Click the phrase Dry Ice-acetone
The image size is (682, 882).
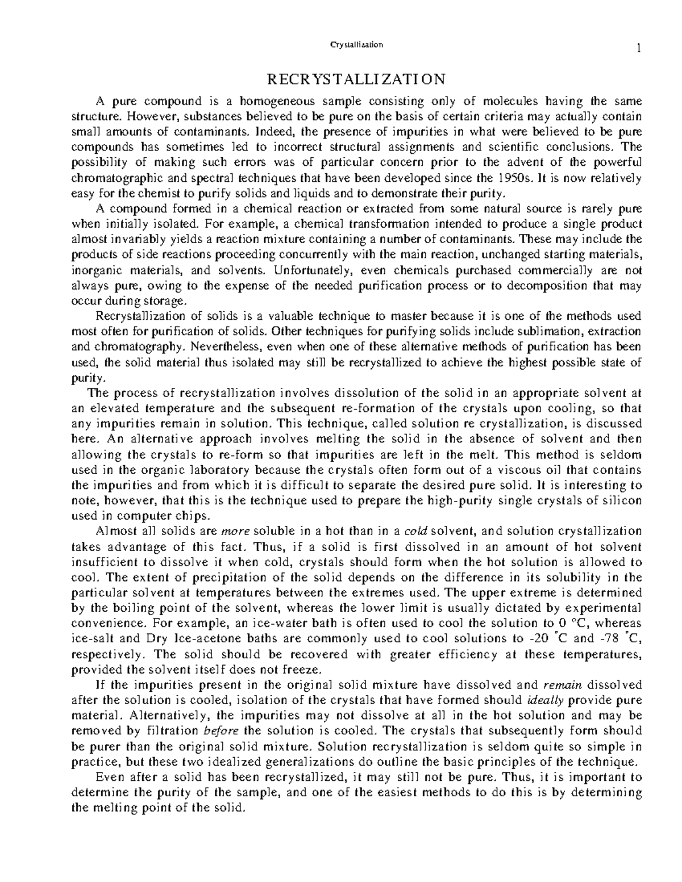pos(184,638)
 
